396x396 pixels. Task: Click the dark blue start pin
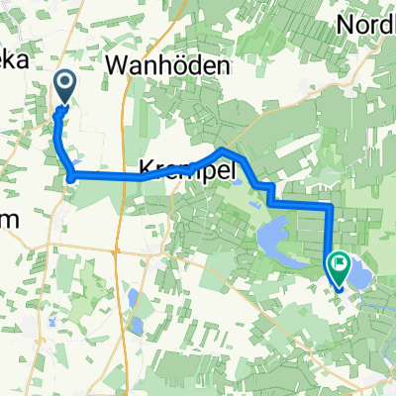(x=64, y=86)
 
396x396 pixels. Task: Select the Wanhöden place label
(x=168, y=66)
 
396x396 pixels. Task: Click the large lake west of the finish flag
(x=275, y=239)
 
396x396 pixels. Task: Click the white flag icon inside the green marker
(x=341, y=263)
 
